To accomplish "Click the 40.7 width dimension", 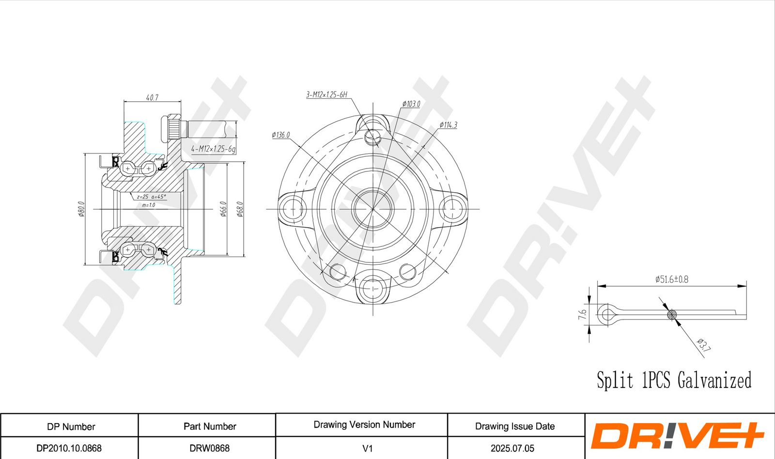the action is tap(152, 97).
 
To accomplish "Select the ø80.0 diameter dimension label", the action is tap(81, 209).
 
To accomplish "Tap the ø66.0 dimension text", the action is tap(223, 209).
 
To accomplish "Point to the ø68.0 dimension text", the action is tap(240, 209).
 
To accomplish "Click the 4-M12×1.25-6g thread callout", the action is tap(213, 149).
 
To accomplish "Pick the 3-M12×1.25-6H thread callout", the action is tap(326, 94).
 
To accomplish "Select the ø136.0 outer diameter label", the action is tap(280, 135).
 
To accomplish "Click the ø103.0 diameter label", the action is tap(411, 104).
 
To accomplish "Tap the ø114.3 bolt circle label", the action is tap(448, 125).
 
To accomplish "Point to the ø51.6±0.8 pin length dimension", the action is tap(671, 279).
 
